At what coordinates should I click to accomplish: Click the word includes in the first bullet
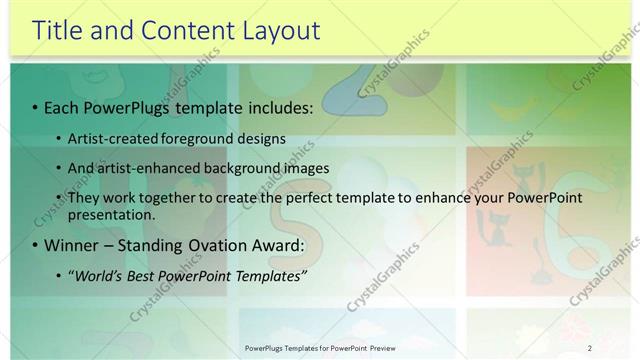[x=277, y=106]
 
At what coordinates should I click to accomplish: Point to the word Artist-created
[x=111, y=138]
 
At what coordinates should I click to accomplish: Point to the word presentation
[x=112, y=214]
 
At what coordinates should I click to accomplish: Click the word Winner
[x=74, y=245]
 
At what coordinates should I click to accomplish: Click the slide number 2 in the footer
[x=590, y=347]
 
